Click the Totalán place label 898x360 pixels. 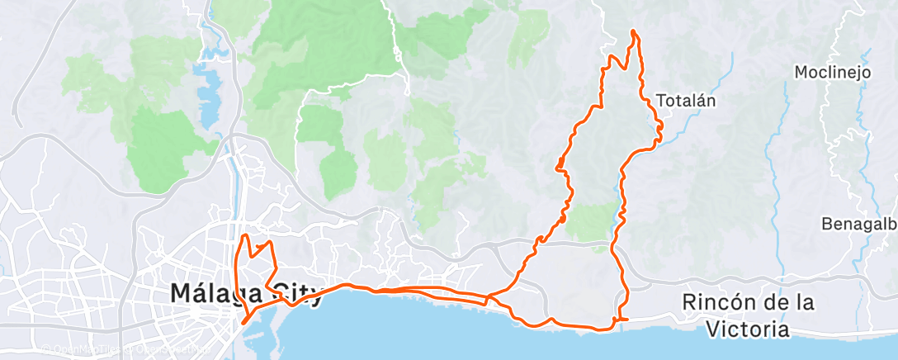coord(684,101)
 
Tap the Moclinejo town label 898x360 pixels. coord(833,73)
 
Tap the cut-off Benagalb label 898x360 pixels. coord(858,224)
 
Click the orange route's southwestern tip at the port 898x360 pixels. coord(244,323)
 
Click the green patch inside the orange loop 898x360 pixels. coord(593,221)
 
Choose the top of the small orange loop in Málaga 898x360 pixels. coord(244,237)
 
